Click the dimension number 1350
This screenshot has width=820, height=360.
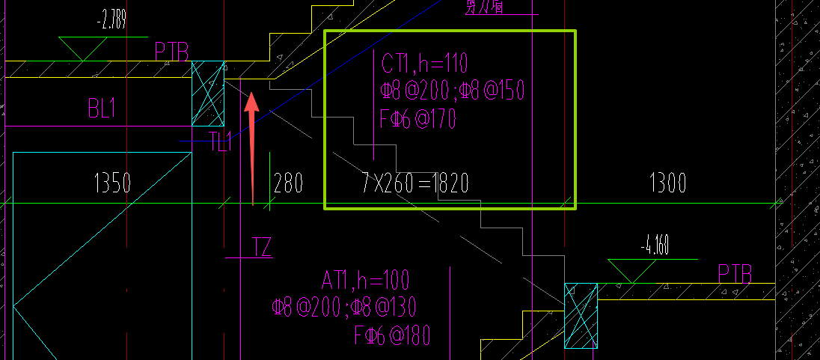[x=112, y=183]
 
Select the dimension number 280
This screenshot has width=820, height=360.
[x=289, y=183]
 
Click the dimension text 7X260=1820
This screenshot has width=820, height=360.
[x=410, y=183]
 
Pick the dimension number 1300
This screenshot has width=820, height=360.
[x=667, y=183]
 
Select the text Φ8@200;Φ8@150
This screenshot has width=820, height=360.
[x=452, y=91]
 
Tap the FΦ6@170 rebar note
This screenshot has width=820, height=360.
[x=418, y=119]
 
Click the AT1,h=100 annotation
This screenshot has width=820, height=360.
[x=366, y=281]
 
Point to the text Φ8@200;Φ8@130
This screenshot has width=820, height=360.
[x=344, y=307]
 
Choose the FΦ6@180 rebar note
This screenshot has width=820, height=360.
[x=392, y=335]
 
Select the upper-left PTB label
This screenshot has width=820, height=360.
[x=171, y=52]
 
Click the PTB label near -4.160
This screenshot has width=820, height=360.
[x=735, y=272]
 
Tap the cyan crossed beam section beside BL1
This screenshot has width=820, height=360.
[x=208, y=94]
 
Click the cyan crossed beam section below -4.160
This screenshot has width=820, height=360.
[x=581, y=315]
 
